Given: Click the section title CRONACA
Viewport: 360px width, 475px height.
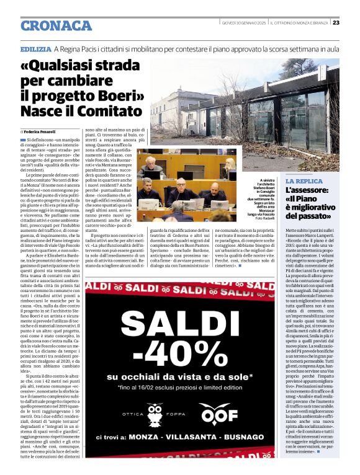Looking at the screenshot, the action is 56,25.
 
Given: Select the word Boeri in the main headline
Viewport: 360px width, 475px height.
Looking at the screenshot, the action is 110,96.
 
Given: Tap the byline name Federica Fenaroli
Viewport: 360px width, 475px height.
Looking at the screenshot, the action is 40,132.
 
